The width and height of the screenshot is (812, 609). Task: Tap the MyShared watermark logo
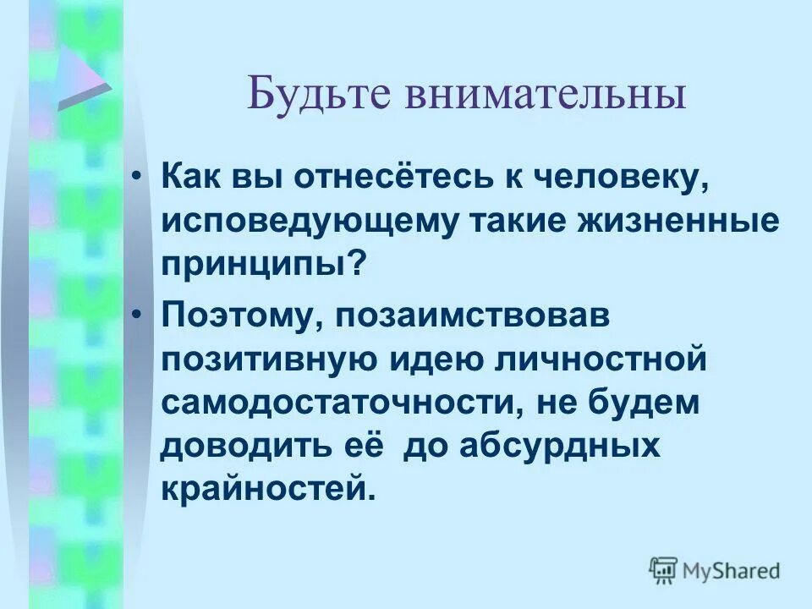[716, 571]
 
